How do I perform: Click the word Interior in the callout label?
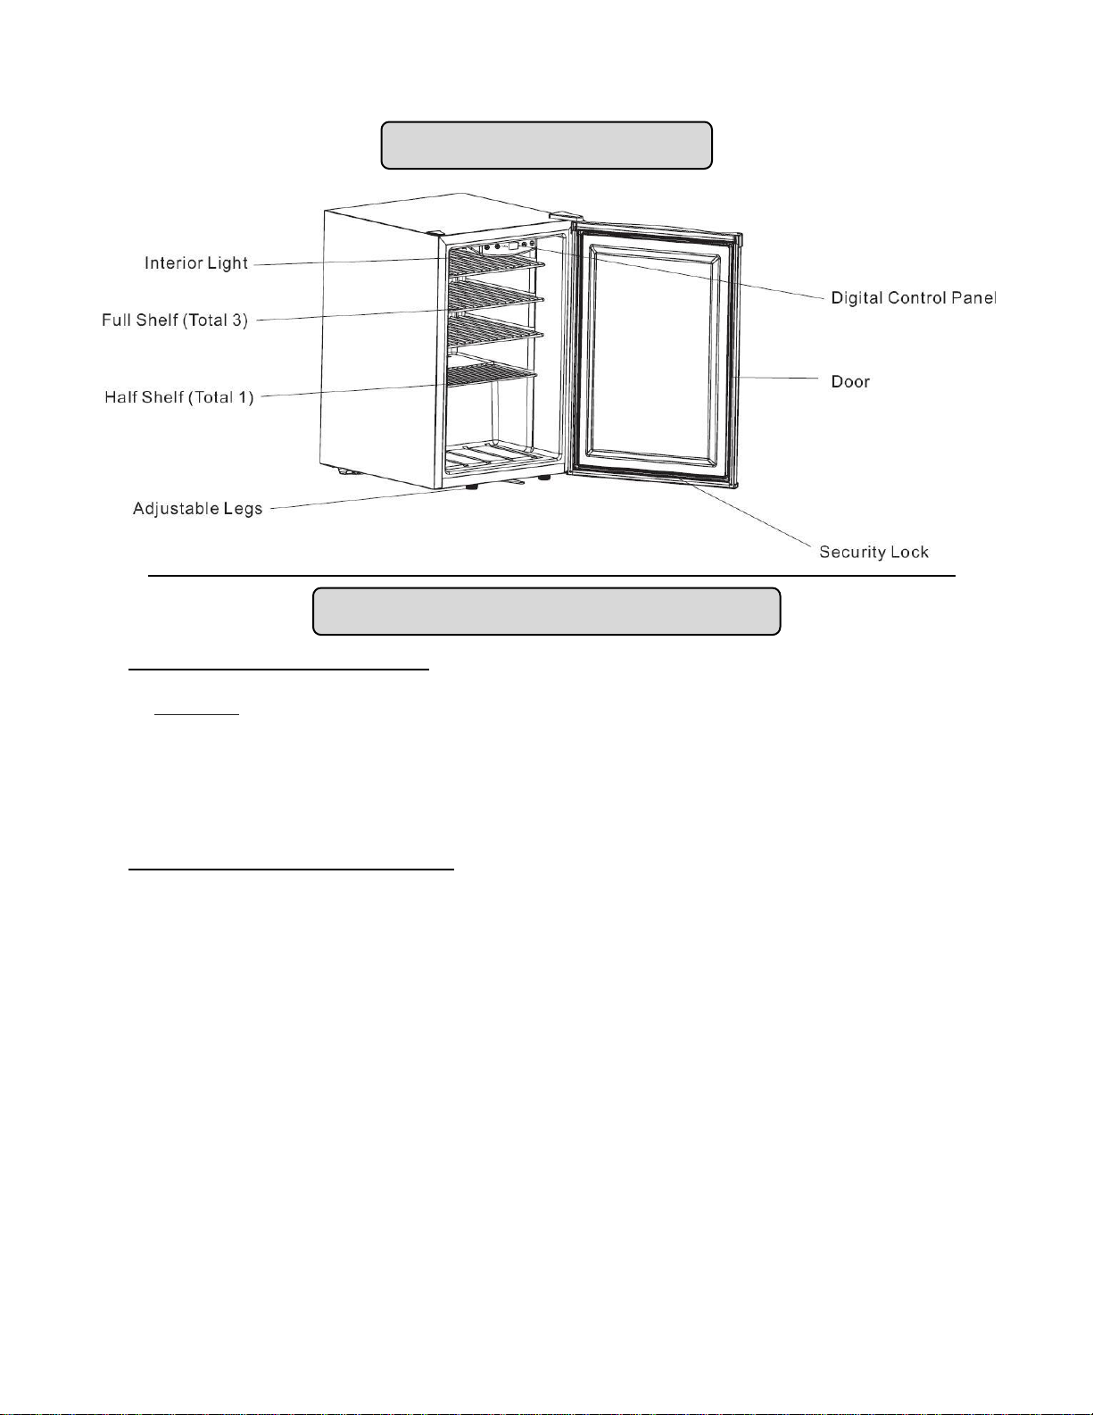point(175,263)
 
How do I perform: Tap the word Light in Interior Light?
point(228,263)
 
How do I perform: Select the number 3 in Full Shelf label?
point(238,320)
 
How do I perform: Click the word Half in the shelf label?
point(120,397)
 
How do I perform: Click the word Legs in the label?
point(243,509)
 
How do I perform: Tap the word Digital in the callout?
point(857,298)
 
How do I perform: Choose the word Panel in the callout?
point(973,298)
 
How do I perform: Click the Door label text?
point(849,382)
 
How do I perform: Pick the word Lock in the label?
point(909,553)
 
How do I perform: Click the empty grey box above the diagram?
point(546,146)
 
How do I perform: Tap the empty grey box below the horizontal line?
point(546,612)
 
